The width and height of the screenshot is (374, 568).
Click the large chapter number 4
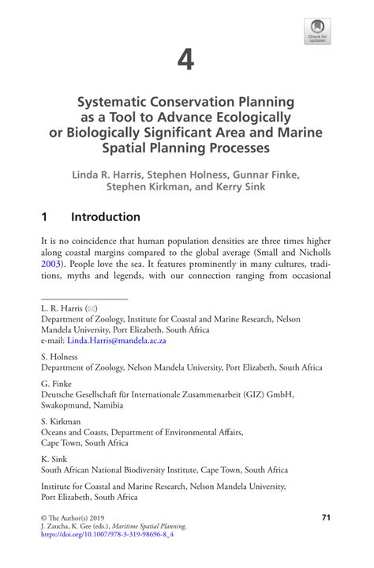coord(186,59)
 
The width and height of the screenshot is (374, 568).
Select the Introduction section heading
coord(106,217)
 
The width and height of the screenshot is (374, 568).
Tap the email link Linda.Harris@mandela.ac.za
coord(116,340)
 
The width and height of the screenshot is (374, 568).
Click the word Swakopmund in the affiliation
coord(68,404)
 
